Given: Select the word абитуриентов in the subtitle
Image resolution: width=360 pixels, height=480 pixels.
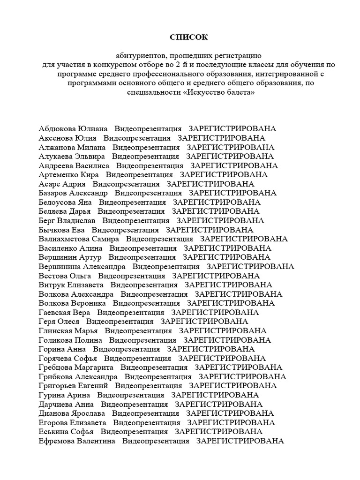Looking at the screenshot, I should click(x=140, y=56).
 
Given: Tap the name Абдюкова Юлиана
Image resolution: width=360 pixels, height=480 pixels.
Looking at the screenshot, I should click(x=73, y=129).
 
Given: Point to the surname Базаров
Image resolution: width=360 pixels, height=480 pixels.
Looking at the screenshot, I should click(x=53, y=193).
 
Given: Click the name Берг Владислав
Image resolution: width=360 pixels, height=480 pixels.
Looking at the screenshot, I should click(x=67, y=221).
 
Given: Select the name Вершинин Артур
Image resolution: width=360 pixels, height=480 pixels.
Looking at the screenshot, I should click(x=70, y=257).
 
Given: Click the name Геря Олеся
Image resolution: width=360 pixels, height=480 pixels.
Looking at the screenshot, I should click(x=59, y=322).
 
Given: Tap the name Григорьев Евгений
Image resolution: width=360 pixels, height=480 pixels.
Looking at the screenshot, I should click(x=73, y=386).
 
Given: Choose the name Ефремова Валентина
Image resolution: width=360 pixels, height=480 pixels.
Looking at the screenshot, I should click(x=77, y=441).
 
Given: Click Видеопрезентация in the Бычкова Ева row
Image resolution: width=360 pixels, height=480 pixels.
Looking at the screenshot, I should click(x=125, y=230).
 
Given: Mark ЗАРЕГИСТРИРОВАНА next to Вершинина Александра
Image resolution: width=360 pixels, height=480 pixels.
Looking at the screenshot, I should click(x=250, y=267).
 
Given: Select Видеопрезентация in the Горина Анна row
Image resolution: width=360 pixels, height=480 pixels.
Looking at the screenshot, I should click(x=127, y=349).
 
